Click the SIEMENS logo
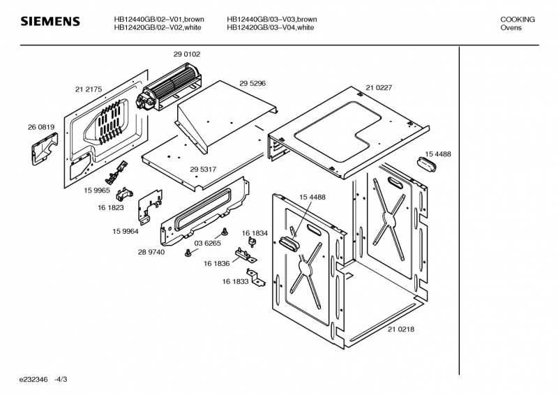point(50,23)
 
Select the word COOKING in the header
point(518,20)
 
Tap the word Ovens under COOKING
point(511,28)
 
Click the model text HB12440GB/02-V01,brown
point(158,20)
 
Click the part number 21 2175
point(89,89)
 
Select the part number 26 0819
point(41,127)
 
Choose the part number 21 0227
point(378,88)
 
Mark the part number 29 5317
point(202,170)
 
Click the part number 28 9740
point(151,252)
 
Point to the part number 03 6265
point(207,244)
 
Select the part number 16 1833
point(236,281)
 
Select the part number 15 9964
point(125,232)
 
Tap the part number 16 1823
point(111,207)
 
